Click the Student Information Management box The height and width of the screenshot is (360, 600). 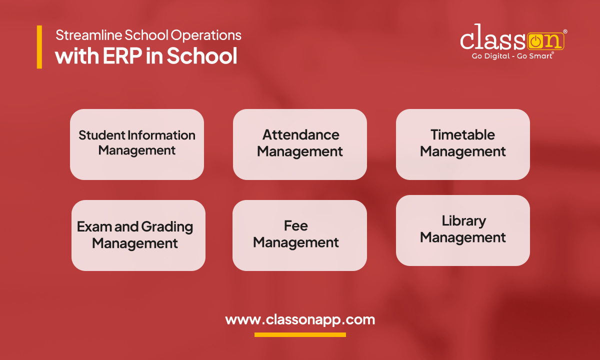(x=136, y=144)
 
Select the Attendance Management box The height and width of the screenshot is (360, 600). (x=300, y=144)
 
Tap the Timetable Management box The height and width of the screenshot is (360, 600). (x=462, y=144)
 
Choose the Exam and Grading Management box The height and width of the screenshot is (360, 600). (x=138, y=235)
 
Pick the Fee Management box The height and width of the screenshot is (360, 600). (x=299, y=235)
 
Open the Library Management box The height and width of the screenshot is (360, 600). (x=462, y=230)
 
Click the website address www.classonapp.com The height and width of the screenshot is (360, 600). (x=300, y=319)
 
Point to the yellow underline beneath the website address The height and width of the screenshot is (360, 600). (x=300, y=334)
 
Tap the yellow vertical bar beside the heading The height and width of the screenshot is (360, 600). (x=39, y=47)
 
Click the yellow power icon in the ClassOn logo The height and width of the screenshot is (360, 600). (x=534, y=41)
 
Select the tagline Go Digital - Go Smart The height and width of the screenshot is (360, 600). (x=512, y=56)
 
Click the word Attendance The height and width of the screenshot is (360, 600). (x=301, y=134)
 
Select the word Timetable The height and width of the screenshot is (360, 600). (x=462, y=134)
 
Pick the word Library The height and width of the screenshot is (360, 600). (x=463, y=221)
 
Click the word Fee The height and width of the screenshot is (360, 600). (x=295, y=225)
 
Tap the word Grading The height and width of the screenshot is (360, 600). (x=167, y=227)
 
